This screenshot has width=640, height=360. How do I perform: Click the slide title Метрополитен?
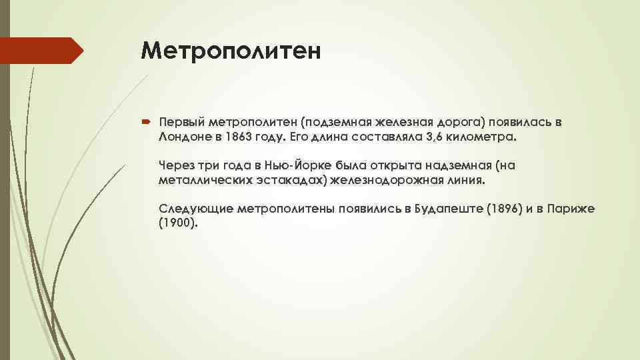coord(231,51)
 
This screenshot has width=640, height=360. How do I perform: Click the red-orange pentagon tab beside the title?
coord(41,51)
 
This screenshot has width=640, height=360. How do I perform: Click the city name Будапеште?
coord(449,209)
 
